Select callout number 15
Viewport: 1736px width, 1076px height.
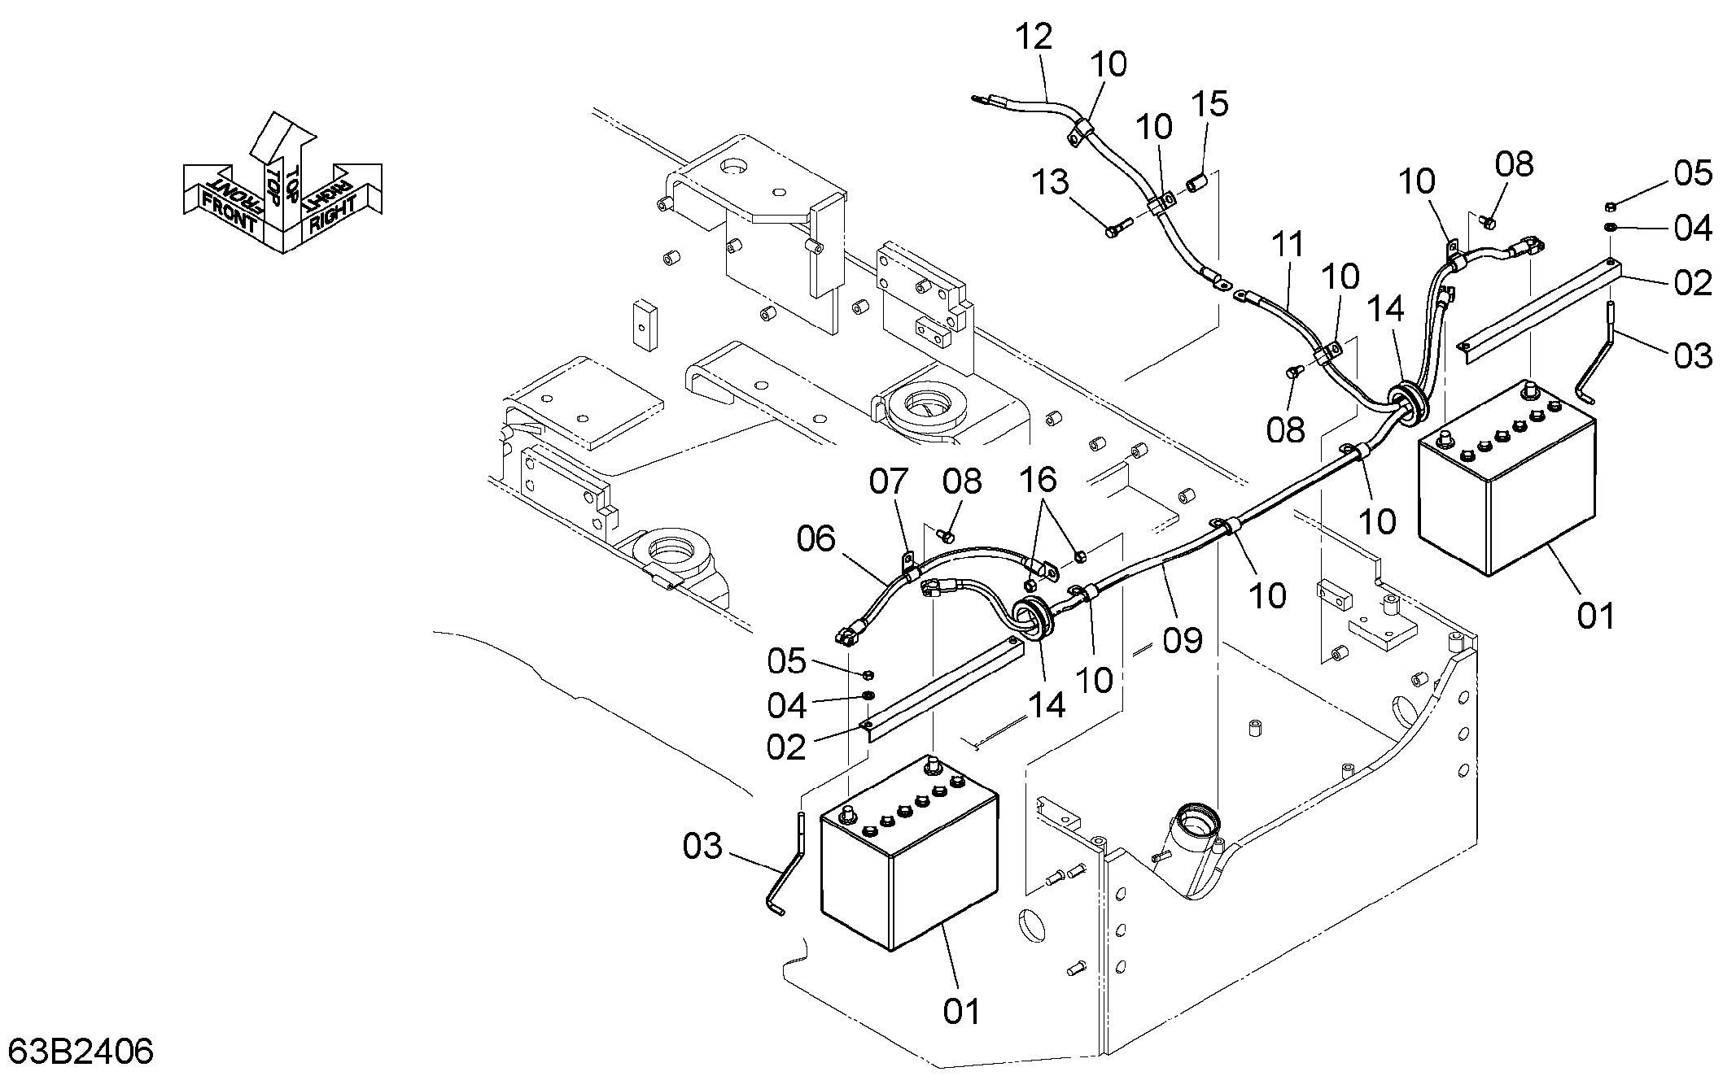tap(1210, 104)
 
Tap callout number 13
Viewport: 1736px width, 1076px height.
tap(1050, 182)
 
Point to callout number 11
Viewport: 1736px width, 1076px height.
tap(1288, 243)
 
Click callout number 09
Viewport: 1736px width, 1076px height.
tap(1183, 640)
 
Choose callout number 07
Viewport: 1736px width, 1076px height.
tap(888, 481)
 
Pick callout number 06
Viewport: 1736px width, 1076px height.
tap(816, 538)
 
